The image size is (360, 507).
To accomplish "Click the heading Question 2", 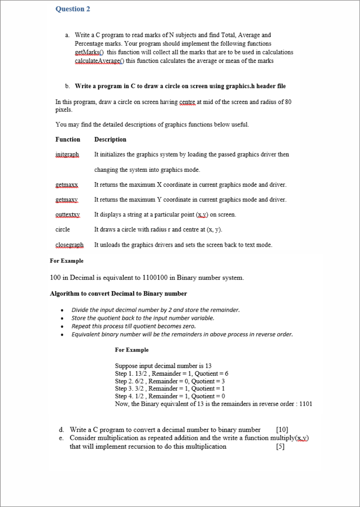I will pyautogui.click(x=73, y=9).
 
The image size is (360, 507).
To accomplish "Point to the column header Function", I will pyautogui.click(x=68, y=140).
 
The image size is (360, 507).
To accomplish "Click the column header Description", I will pyautogui.click(x=110, y=140).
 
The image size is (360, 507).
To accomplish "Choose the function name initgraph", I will pyautogui.click(x=67, y=154).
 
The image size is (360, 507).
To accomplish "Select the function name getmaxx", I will pyautogui.click(x=67, y=185).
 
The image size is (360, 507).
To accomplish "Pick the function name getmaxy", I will pyautogui.click(x=67, y=200).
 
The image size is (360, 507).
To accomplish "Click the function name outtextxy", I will pyautogui.click(x=68, y=214).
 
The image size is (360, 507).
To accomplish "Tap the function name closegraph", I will pyautogui.click(x=69, y=245).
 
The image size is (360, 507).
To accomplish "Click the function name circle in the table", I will pyautogui.click(x=63, y=229).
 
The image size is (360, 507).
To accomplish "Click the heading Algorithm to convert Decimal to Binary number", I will pyautogui.click(x=118, y=294).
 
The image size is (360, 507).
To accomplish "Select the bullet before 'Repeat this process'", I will pyautogui.click(x=61, y=327).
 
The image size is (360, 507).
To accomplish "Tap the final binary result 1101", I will pyautogui.click(x=306, y=404).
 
